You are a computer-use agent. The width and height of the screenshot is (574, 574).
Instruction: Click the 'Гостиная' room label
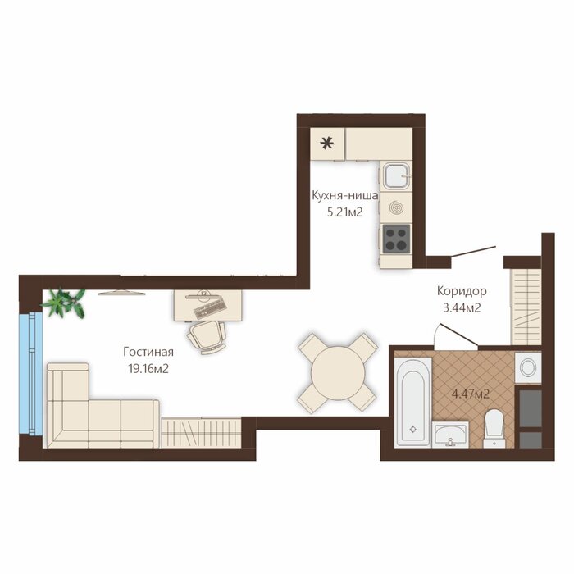[x=148, y=352]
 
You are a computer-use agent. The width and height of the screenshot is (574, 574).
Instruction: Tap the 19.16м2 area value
[x=148, y=369]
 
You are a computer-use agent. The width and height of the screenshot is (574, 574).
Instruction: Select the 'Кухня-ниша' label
[x=345, y=196]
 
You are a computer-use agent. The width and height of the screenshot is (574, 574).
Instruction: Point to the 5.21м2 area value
[x=345, y=212]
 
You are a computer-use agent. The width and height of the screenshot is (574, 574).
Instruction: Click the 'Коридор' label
[x=462, y=291]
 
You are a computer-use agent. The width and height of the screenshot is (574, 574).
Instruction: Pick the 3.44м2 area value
[x=462, y=308]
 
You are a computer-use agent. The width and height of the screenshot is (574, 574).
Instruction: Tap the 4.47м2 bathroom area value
[x=471, y=394]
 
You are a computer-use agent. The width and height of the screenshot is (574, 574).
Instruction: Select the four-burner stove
[x=396, y=239]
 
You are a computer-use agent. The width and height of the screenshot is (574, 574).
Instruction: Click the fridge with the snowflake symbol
[x=327, y=143]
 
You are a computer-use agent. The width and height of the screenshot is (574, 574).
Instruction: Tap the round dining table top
[x=338, y=373]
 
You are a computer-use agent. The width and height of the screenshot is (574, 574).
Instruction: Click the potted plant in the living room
[x=65, y=303]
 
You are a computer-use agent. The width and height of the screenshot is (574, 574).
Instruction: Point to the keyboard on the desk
[x=209, y=310]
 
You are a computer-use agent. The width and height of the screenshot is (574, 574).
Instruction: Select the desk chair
[x=207, y=337]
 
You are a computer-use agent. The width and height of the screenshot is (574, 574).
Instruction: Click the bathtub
[x=413, y=402]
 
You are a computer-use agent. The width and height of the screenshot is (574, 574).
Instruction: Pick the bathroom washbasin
[x=450, y=435]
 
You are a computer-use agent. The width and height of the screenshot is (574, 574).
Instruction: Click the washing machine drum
[x=528, y=367]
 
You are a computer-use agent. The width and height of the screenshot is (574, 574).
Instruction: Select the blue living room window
[x=31, y=373]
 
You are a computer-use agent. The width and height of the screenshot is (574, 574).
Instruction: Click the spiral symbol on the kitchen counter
[x=395, y=207]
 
